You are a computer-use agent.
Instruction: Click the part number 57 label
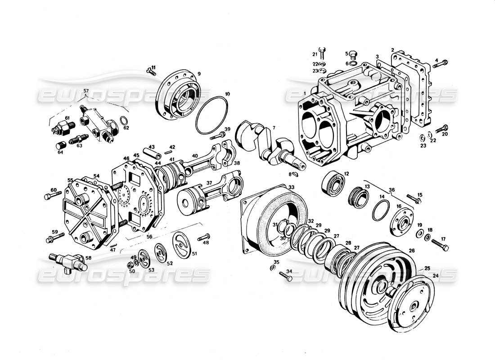(86, 91)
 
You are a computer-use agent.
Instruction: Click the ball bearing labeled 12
(333, 184)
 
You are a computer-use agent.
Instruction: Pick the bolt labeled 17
(441, 245)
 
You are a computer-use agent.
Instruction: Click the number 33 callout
(292, 187)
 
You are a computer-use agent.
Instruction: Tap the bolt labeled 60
(50, 197)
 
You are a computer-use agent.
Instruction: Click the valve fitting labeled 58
(67, 261)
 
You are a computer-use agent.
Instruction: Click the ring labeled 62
(123, 121)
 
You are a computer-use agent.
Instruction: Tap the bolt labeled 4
(440, 64)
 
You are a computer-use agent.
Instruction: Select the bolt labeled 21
(321, 52)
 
